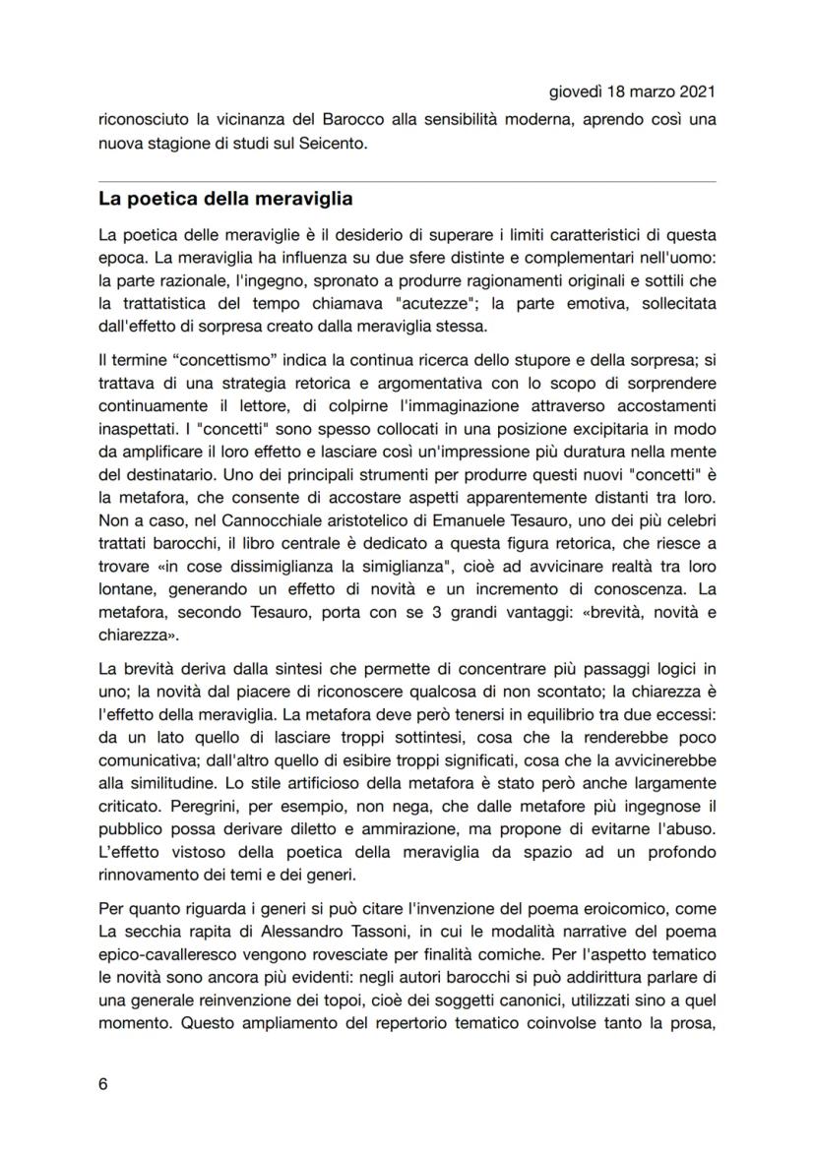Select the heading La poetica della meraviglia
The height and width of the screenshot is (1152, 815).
click(225, 200)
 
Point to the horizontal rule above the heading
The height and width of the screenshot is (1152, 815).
click(407, 182)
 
